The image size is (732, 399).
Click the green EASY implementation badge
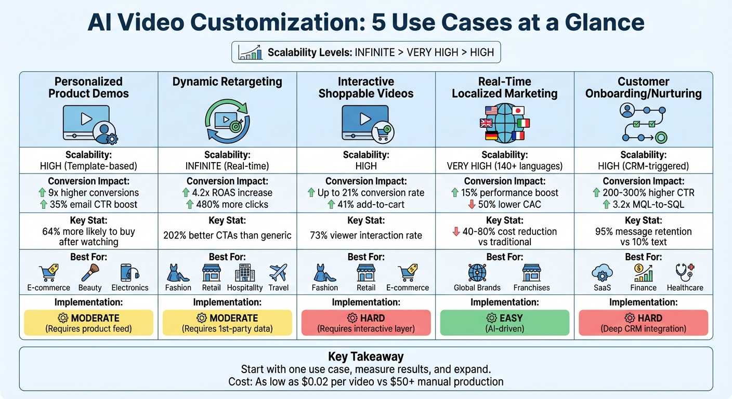coord(505,323)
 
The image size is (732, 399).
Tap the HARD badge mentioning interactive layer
coord(366,323)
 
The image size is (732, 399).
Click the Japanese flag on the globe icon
coord(518,110)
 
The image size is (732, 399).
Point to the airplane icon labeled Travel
coord(278,273)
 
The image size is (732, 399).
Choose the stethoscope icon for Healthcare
coord(684,273)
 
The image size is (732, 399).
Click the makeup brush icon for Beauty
coord(90,273)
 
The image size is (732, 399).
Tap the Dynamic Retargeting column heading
coord(227,82)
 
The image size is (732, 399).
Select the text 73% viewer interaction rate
coord(366,235)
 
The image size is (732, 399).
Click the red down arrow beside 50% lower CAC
coord(472,204)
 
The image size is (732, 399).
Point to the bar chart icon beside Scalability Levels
coord(250,52)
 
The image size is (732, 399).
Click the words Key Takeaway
coord(366,357)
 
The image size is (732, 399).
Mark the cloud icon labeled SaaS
coord(602,273)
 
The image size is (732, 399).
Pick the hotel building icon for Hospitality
coord(244,273)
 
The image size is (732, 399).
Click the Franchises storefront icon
coord(531,273)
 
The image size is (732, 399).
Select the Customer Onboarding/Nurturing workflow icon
coord(644,123)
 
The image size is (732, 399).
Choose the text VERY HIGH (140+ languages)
coord(505,167)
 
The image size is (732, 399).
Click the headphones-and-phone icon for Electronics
coord(129,273)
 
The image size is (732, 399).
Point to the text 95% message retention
coord(644,231)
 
